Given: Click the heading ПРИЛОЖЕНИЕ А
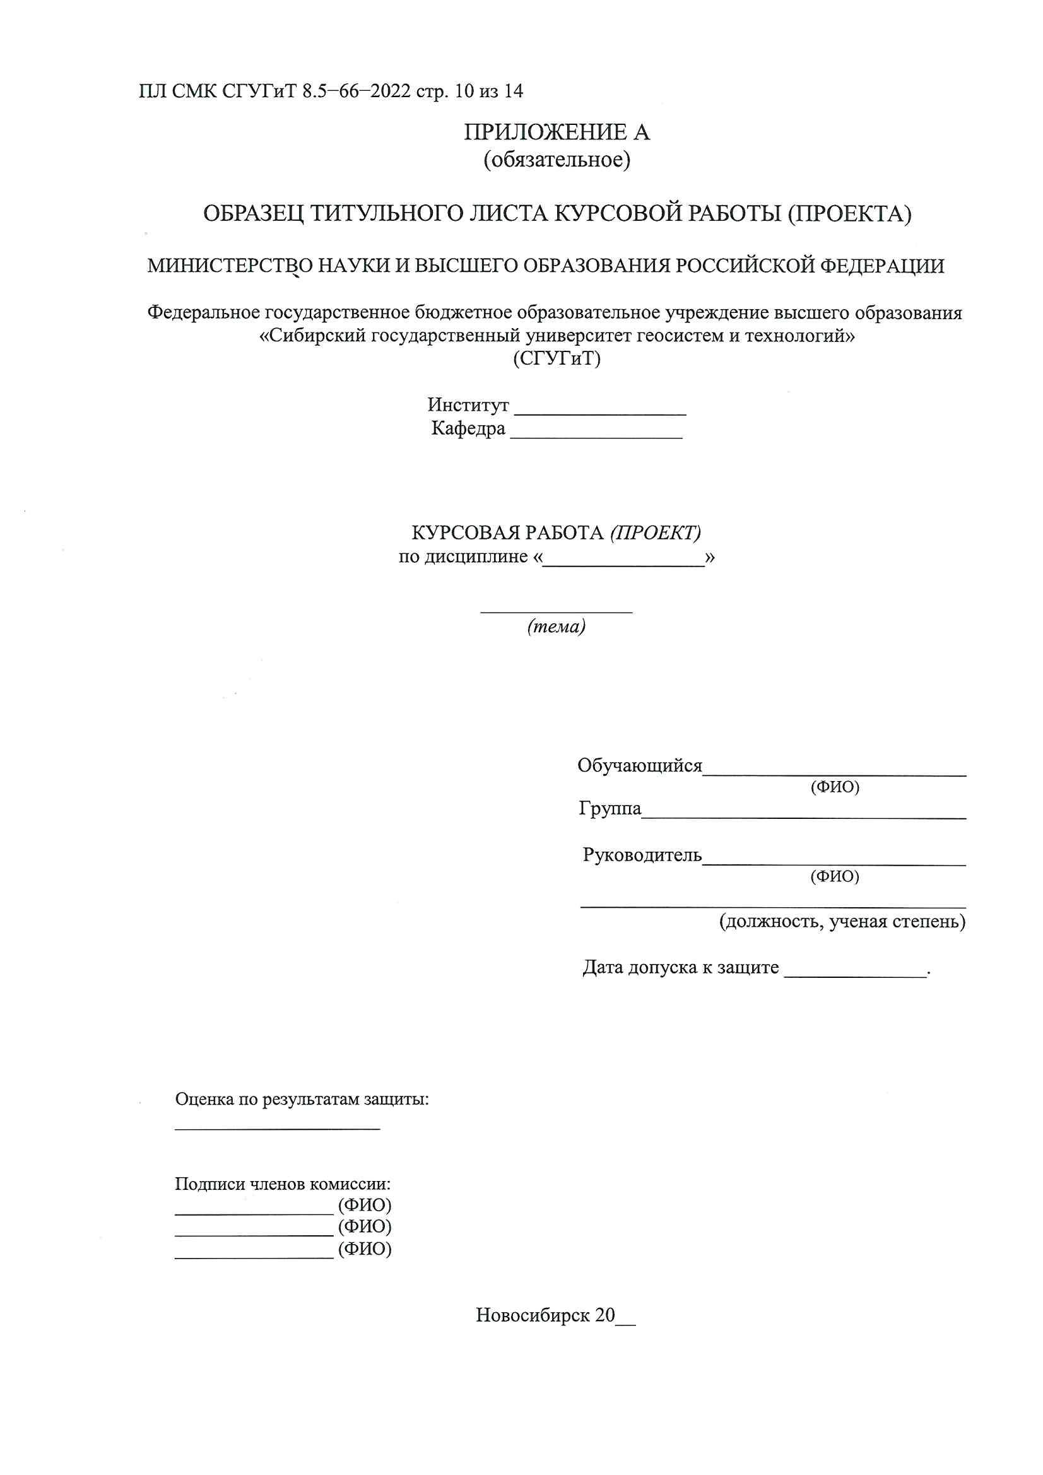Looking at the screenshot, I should tap(557, 133).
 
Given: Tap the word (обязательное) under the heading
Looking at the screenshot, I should tap(557, 160).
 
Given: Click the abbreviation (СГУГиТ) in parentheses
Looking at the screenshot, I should tap(557, 358).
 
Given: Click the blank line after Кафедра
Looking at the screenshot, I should tap(596, 434).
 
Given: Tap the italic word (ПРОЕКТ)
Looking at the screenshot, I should tap(656, 532).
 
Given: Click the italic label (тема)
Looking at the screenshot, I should tap(556, 626).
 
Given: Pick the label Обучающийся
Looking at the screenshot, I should tap(639, 766).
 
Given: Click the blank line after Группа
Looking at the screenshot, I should tap(803, 814).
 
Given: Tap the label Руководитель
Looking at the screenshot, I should tap(642, 855).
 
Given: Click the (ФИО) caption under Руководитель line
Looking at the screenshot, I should tap(835, 876).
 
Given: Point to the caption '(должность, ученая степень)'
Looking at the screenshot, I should tap(842, 922).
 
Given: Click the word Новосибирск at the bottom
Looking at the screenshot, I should tap(533, 1315).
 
